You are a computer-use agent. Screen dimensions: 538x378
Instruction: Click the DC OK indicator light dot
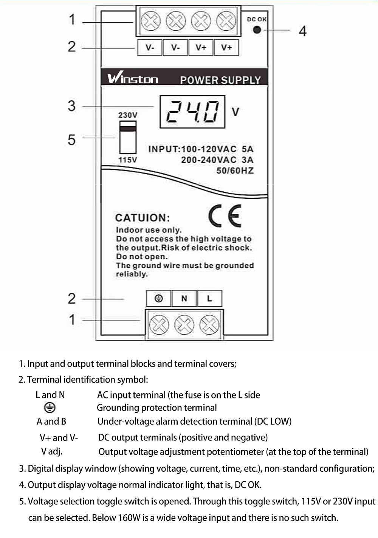coord(257,29)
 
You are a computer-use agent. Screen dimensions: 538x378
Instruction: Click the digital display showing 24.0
coord(192,112)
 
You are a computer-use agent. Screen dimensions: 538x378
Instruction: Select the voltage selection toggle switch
coord(128,137)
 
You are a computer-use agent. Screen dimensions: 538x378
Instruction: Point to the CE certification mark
coord(225,216)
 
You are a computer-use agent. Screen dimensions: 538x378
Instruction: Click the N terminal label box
coord(184,298)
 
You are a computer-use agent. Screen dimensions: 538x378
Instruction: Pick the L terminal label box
coord(209,298)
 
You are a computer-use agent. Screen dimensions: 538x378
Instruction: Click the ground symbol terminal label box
coord(159,298)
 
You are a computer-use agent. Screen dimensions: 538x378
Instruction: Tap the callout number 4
coord(302,31)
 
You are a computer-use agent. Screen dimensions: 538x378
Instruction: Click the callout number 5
coord(71,140)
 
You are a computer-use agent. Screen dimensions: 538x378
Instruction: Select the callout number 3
coord(71,106)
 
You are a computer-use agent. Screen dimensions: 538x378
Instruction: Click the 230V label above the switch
coord(128,115)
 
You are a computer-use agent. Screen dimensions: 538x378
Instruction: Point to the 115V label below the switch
coord(128,160)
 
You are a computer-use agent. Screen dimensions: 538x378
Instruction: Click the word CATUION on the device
coord(143,218)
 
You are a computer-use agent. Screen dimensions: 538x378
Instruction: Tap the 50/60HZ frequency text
coord(235,171)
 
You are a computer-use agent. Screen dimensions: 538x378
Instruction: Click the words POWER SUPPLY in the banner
coord(220,80)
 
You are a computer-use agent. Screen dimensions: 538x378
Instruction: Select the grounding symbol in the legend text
coord(50,408)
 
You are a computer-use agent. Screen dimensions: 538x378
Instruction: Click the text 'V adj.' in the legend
coord(52,451)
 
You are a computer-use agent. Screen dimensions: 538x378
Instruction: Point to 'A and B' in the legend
coord(51,421)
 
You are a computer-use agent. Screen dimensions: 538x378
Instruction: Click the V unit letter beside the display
coord(235,112)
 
